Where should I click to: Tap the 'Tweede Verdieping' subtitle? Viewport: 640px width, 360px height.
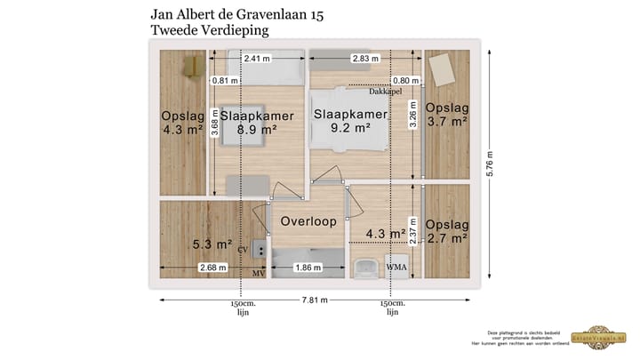pos(210,30)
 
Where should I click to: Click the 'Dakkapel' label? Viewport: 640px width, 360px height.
pos(386,91)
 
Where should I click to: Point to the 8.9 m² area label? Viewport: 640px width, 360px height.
pos(256,129)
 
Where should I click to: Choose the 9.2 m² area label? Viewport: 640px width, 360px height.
pos(350,127)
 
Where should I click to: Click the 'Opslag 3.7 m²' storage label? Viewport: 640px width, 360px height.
pos(446,116)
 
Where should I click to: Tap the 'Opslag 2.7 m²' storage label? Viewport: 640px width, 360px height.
pos(446,231)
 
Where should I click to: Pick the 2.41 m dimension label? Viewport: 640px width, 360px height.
pos(257,60)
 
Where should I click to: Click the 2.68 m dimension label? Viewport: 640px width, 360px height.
pos(213,267)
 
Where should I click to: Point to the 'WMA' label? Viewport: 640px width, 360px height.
pos(396,267)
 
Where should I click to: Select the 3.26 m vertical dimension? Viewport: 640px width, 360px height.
pos(412,116)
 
